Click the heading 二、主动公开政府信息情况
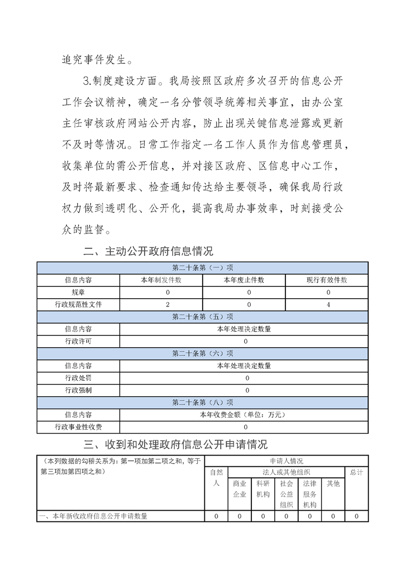point(148,251)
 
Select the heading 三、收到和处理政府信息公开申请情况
point(176,444)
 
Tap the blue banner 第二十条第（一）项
point(203,268)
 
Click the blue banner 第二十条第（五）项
point(203,317)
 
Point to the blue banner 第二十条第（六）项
point(203,353)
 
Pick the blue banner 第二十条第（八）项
point(203,402)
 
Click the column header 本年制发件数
point(161,280)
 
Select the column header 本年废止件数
point(244,280)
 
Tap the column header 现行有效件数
point(327,280)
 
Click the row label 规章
point(78,292)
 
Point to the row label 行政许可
point(78,341)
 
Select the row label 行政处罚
point(78,378)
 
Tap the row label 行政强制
point(78,390)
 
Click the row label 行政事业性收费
point(78,427)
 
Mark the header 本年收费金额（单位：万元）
point(244,415)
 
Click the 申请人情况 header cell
point(286,461)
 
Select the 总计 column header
point(356,472)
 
